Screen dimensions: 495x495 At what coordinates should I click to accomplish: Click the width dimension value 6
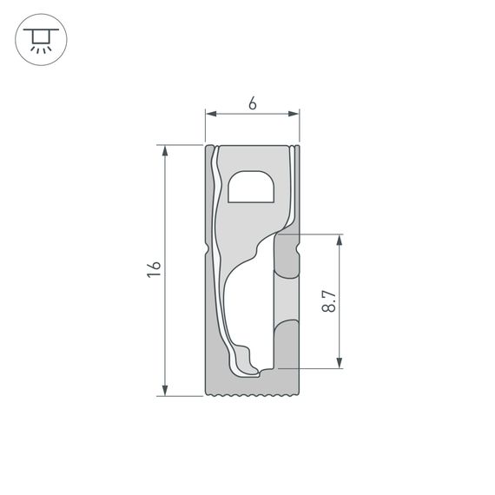[252, 103]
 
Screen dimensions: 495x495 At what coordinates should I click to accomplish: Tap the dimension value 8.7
[328, 301]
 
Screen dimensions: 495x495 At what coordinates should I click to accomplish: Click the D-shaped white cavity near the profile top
[251, 188]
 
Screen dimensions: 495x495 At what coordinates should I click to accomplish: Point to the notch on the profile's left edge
[208, 251]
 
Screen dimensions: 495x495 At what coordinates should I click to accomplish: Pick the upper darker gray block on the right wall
[286, 254]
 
